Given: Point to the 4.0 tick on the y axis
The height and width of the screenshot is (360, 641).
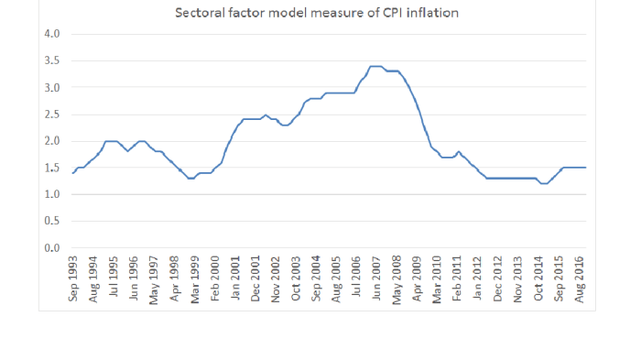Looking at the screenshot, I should click(x=52, y=34).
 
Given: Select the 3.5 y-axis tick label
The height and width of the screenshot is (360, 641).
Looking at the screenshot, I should click(x=52, y=60).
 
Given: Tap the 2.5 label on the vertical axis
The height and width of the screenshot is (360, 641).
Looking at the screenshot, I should click(x=52, y=115).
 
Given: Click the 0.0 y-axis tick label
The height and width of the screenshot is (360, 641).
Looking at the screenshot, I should click(x=52, y=248).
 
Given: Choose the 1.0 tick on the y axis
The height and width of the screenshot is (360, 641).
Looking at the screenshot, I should click(x=52, y=194).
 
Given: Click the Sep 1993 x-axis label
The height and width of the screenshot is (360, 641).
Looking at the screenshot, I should click(x=74, y=278).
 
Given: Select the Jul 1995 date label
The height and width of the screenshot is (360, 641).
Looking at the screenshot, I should click(x=114, y=278).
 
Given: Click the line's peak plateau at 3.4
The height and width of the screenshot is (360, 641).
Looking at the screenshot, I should click(x=375, y=66).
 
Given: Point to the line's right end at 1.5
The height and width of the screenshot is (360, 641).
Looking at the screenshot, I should click(x=585, y=168).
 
